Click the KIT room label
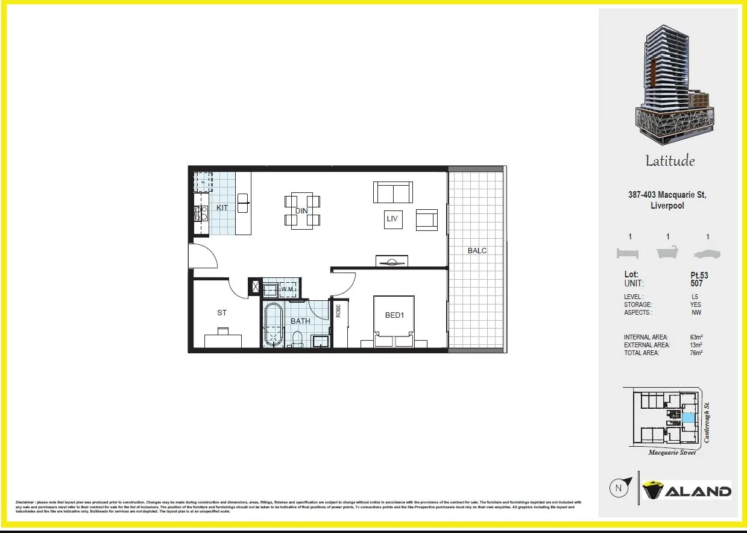[222, 207]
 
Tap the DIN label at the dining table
[301, 210]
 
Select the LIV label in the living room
[392, 218]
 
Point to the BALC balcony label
[478, 250]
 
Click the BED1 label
[394, 315]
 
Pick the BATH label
[300, 321]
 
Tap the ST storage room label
[222, 312]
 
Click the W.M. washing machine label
[288, 289]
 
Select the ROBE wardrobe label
[338, 311]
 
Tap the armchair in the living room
[427, 219]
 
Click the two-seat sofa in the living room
[393, 192]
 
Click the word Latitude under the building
[670, 161]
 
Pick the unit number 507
[696, 283]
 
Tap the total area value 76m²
[696, 353]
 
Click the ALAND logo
[687, 491]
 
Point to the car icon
[707, 253]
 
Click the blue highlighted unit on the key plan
[689, 417]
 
